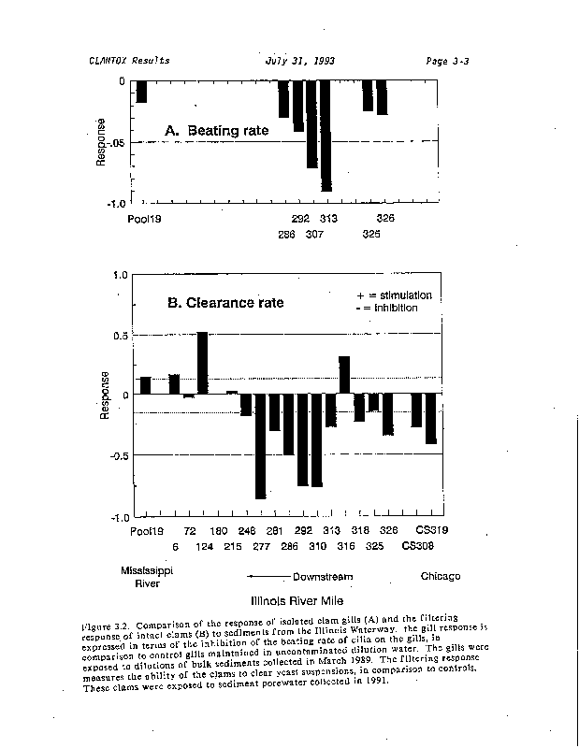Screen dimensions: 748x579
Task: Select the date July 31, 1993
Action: [x=300, y=61]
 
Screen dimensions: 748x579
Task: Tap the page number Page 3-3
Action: [x=446, y=61]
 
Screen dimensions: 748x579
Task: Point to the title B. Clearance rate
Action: [x=224, y=303]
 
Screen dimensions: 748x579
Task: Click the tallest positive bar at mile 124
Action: [x=202, y=363]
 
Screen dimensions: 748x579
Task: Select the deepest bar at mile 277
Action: [x=260, y=446]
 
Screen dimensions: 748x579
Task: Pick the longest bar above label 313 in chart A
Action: [x=326, y=135]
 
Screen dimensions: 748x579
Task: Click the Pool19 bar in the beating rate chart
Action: [x=142, y=92]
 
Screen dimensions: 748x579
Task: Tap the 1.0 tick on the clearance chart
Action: [x=119, y=276]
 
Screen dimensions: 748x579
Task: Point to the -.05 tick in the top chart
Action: [x=116, y=142]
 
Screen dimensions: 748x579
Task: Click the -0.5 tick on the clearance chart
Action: [x=116, y=455]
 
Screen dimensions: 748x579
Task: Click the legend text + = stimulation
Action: [x=395, y=295]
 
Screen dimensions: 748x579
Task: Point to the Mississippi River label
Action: [x=141, y=576]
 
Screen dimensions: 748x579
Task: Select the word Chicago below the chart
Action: [x=440, y=576]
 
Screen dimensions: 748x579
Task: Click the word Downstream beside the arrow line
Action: [x=322, y=577]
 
